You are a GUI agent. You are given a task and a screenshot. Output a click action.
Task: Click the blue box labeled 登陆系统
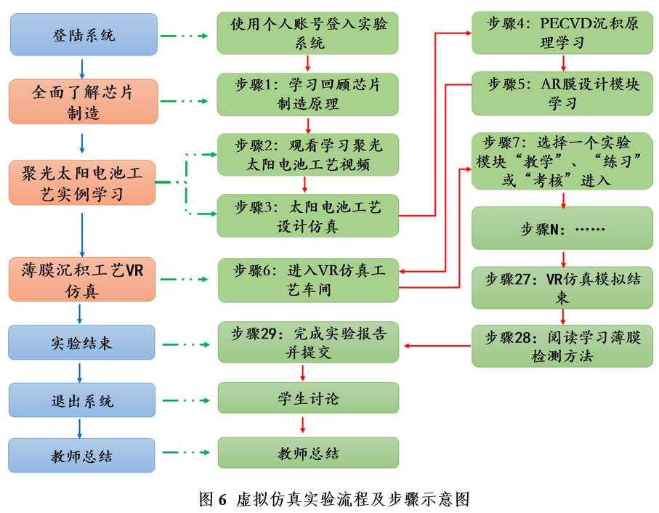[84, 34]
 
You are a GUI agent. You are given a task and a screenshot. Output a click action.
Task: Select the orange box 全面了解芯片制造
[84, 102]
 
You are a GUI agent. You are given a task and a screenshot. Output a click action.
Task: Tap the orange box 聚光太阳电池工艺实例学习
[84, 182]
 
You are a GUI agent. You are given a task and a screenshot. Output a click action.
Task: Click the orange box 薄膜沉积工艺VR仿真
[84, 280]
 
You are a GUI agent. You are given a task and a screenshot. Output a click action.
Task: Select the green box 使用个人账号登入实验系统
[308, 33]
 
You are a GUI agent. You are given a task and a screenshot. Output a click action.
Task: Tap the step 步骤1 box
[308, 94]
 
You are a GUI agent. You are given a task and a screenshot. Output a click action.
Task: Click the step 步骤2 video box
[308, 155]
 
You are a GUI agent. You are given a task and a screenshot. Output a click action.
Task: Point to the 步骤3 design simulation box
[308, 216]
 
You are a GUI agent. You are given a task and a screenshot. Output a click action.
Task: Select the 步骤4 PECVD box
[562, 33]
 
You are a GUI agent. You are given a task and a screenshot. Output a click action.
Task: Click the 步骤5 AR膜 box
[562, 94]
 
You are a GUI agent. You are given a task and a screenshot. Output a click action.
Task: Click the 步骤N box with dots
[562, 228]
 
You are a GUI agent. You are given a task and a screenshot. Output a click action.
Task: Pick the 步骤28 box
[562, 345]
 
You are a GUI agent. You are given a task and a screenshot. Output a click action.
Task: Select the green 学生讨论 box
[308, 399]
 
